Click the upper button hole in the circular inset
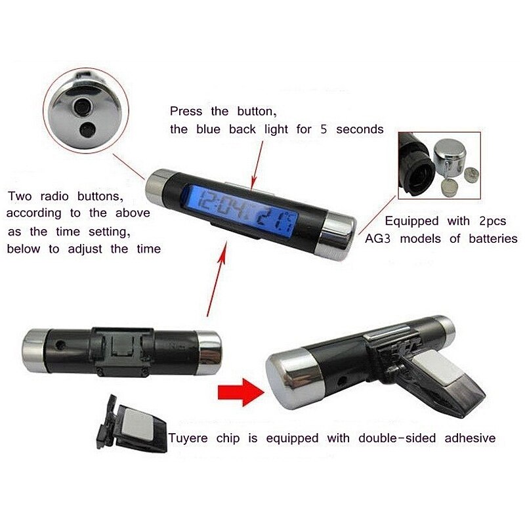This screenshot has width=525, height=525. tap(81, 106)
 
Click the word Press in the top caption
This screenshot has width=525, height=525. tap(186, 111)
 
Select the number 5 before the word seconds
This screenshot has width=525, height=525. tap(324, 129)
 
